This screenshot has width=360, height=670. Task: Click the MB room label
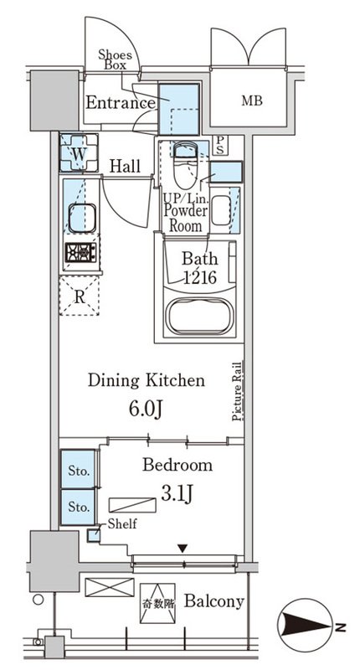252,100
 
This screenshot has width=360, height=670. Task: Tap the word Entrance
121,103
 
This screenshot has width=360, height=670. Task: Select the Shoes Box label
116,59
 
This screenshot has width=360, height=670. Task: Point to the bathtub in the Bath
200,316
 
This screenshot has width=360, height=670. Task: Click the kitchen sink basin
82,218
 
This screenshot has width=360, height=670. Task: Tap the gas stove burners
80,253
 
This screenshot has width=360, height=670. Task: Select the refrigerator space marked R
80,296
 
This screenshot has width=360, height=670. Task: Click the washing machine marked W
79,152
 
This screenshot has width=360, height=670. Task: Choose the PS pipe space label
219,145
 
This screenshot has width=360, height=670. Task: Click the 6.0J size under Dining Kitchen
145,410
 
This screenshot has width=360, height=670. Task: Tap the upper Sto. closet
78,469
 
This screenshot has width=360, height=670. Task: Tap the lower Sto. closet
78,508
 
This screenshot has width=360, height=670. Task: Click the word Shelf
122,523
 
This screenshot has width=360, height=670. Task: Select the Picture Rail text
238,391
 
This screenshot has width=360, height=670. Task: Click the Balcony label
214,601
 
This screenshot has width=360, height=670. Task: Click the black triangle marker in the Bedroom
183,549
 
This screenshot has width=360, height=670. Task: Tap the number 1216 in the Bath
200,278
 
